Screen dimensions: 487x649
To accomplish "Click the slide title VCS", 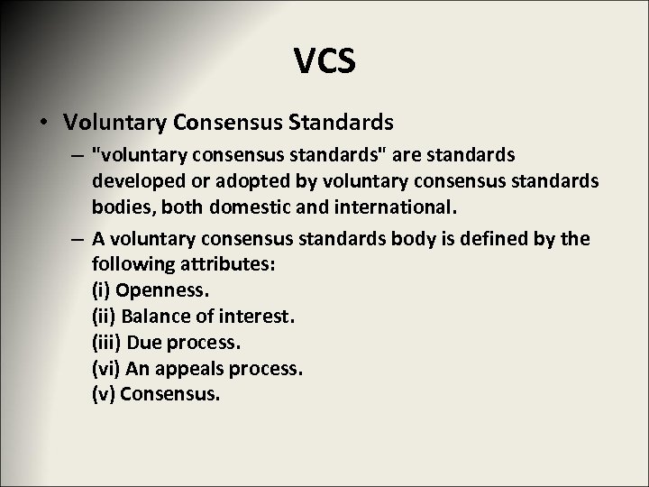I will tap(324, 62).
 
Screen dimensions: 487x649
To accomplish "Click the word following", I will tap(125, 264).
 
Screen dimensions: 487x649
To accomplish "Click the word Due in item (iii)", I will tap(142, 342).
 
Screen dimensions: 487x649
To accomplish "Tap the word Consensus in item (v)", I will tap(169, 393).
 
